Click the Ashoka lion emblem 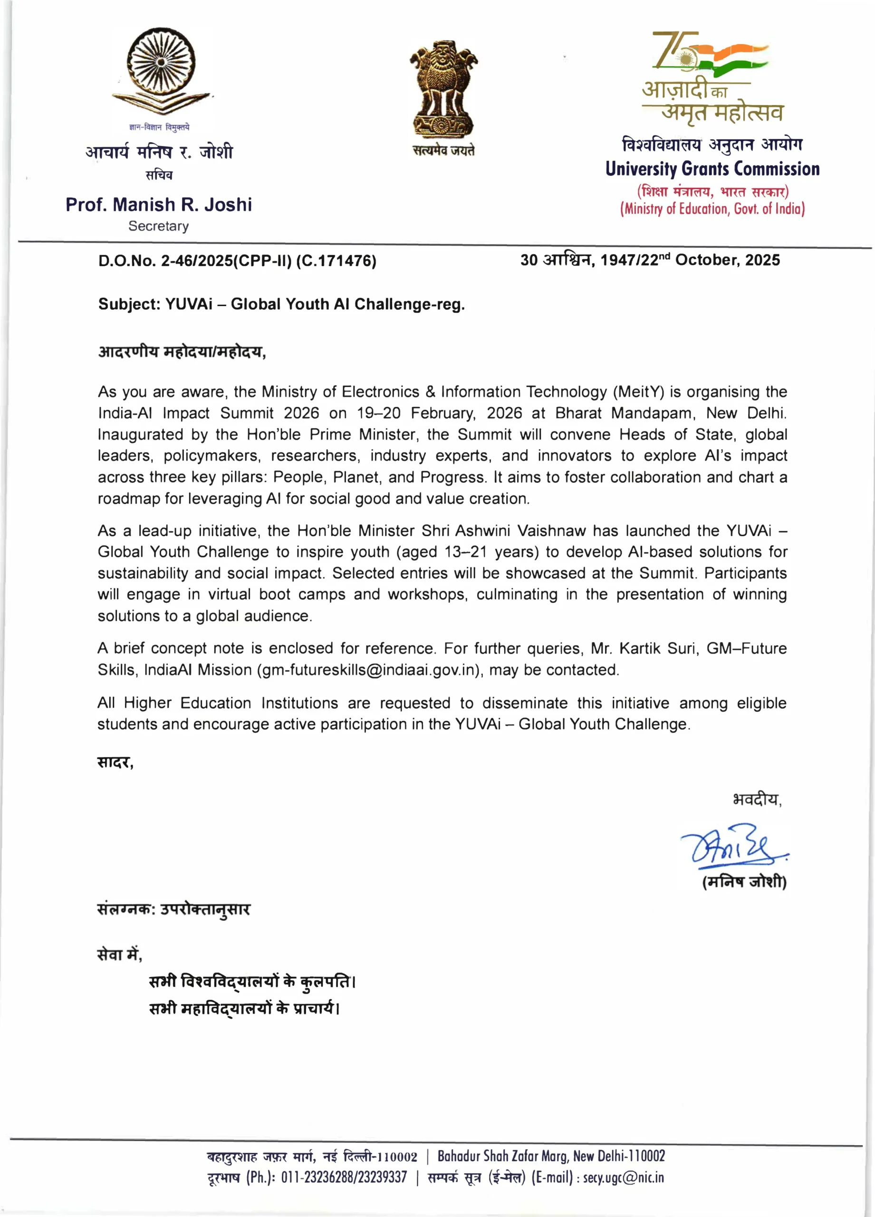pos(443,88)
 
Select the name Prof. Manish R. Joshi pos(159,204)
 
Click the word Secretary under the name pos(158,226)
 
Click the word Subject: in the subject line pos(129,304)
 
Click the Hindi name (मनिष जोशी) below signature pos(744,882)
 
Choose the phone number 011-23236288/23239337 pos(344,1177)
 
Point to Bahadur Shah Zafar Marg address pos(551,1156)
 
